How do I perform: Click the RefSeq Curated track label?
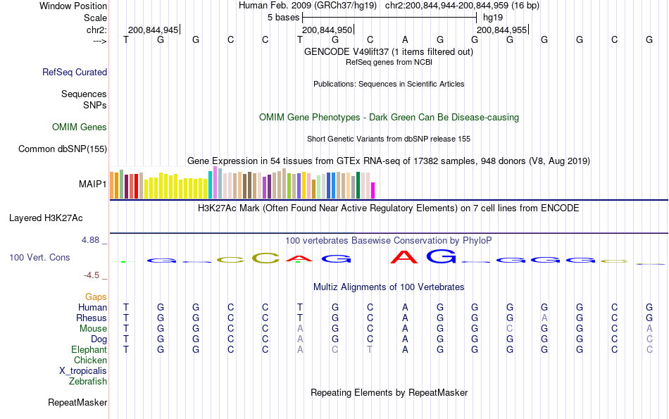click(x=75, y=72)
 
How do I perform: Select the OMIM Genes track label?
click(x=80, y=127)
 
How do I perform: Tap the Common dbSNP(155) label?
click(x=63, y=149)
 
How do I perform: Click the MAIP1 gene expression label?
click(x=93, y=185)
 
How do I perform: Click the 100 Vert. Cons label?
click(x=39, y=258)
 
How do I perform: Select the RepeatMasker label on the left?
click(x=77, y=403)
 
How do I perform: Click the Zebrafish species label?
click(x=88, y=382)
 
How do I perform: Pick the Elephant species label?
click(x=89, y=350)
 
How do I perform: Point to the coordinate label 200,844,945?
click(x=153, y=30)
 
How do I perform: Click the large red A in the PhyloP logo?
click(x=405, y=258)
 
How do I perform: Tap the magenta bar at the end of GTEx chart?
click(x=373, y=190)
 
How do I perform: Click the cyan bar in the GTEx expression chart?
click(x=210, y=185)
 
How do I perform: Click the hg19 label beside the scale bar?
click(x=493, y=17)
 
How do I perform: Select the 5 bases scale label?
click(x=284, y=17)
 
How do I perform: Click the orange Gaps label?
click(x=96, y=297)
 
